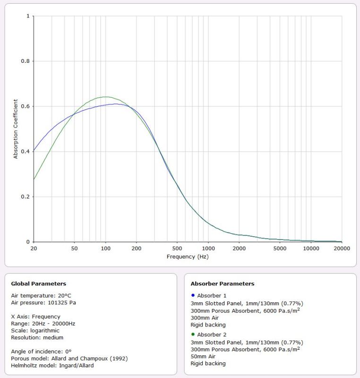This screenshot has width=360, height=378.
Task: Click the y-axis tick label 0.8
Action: (26, 61)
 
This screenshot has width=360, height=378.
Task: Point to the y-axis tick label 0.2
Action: (26, 197)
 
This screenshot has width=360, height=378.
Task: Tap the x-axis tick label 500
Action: (178, 248)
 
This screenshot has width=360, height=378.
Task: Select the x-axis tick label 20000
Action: (342, 248)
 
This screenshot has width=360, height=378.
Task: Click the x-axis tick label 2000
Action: (240, 248)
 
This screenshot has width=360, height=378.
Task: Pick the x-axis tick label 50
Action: (75, 248)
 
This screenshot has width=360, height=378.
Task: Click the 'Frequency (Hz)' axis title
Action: (188, 257)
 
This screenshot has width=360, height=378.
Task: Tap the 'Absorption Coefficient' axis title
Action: (15, 129)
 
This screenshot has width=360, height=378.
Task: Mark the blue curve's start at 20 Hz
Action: (34, 151)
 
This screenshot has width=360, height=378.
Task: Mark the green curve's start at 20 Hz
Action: (34, 180)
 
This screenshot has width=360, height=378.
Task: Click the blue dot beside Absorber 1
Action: (193, 295)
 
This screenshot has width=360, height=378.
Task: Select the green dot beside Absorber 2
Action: (193, 334)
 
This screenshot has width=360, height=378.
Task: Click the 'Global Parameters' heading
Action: (38, 283)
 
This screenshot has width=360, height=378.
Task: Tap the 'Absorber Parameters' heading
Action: (222, 283)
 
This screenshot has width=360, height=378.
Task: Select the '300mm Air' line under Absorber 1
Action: (205, 318)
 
